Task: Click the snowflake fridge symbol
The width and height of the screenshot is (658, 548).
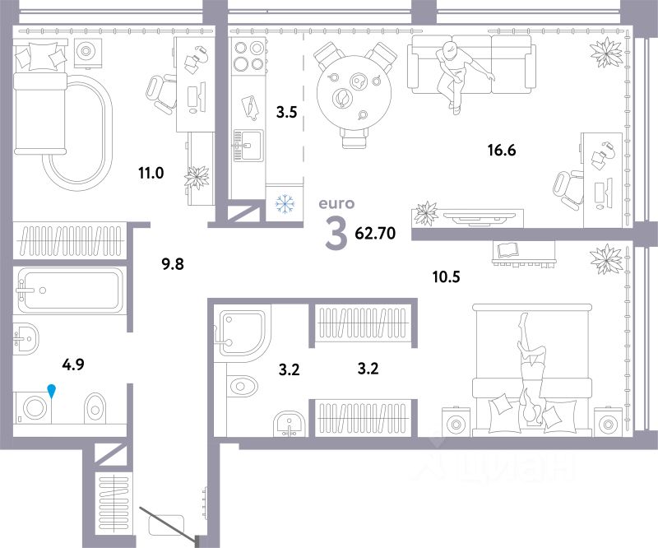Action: pyautogui.click(x=285, y=204)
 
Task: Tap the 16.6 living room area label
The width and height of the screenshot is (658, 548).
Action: pyautogui.click(x=502, y=150)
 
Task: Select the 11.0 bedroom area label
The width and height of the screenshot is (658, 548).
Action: pyautogui.click(x=151, y=173)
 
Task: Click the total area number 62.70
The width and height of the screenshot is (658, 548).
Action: pyautogui.click(x=375, y=233)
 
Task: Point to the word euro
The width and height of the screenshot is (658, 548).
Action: pyautogui.click(x=336, y=204)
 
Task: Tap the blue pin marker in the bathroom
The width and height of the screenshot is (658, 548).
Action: pyautogui.click(x=51, y=391)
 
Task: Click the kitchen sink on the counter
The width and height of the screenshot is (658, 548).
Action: pyautogui.click(x=248, y=146)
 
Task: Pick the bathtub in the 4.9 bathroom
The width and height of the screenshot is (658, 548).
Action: pyautogui.click(x=69, y=290)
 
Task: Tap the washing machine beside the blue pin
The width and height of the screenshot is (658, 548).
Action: pyautogui.click(x=33, y=408)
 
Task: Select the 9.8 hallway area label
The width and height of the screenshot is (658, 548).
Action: pyautogui.click(x=173, y=264)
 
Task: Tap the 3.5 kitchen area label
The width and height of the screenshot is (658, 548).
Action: pyautogui.click(x=286, y=112)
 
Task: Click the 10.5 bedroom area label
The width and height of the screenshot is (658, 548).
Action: pyautogui.click(x=446, y=276)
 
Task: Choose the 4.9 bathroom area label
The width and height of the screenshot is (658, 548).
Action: pyautogui.click(x=73, y=364)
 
